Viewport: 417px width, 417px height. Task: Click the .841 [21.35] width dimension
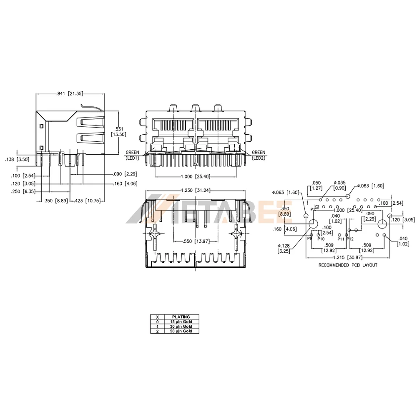point(70,93)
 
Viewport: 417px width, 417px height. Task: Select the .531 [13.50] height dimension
point(118,132)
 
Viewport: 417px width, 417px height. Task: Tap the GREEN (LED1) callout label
point(133,155)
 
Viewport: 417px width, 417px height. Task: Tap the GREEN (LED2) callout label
point(259,155)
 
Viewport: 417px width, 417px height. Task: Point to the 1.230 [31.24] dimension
point(196,191)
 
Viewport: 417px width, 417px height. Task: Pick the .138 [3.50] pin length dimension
point(17,160)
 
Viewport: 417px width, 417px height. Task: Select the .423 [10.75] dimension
point(87,201)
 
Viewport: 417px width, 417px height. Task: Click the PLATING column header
point(181,317)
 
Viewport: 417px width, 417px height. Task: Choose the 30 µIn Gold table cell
point(181,327)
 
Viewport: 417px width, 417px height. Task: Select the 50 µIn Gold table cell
point(181,331)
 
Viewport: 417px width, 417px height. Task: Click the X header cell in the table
point(158,317)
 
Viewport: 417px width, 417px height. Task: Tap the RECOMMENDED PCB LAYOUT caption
point(348,265)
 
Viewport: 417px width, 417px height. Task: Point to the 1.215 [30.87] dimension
point(348,257)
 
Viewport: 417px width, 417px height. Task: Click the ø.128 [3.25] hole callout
point(284,249)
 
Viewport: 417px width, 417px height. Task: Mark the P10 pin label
point(321,239)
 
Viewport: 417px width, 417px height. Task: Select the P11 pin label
point(341,239)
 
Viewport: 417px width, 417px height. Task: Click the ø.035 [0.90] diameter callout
point(339,186)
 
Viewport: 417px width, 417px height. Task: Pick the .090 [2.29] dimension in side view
point(125,174)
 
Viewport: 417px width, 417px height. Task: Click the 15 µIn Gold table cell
point(181,322)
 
